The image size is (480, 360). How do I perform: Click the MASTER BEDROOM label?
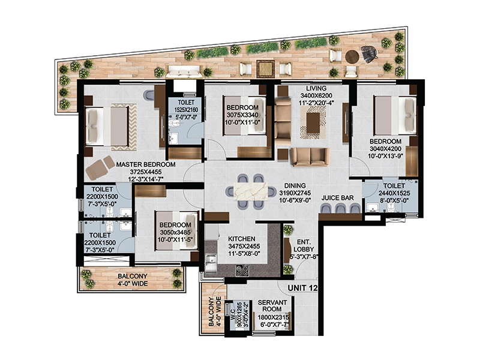146,164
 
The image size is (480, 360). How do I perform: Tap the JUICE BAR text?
337,198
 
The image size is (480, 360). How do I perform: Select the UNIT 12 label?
302,288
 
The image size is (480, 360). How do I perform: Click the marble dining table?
251,191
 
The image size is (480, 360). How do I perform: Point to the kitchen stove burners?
242,271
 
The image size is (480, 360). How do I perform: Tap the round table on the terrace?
352,56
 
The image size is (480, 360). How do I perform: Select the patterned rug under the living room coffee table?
313,122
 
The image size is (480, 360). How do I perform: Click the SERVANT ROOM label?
272,305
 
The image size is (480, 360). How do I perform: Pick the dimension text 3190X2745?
295,193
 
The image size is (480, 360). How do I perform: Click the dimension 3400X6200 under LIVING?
316,96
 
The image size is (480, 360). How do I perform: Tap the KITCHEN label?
242,239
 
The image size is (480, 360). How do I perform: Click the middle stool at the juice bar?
340,208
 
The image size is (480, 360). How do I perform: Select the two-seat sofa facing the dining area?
310,157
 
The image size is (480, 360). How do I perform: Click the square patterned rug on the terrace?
266,69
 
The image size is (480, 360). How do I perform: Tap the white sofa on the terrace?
184,71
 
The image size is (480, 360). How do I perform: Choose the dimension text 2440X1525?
394,193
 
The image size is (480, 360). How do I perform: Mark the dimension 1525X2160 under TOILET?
186,110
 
